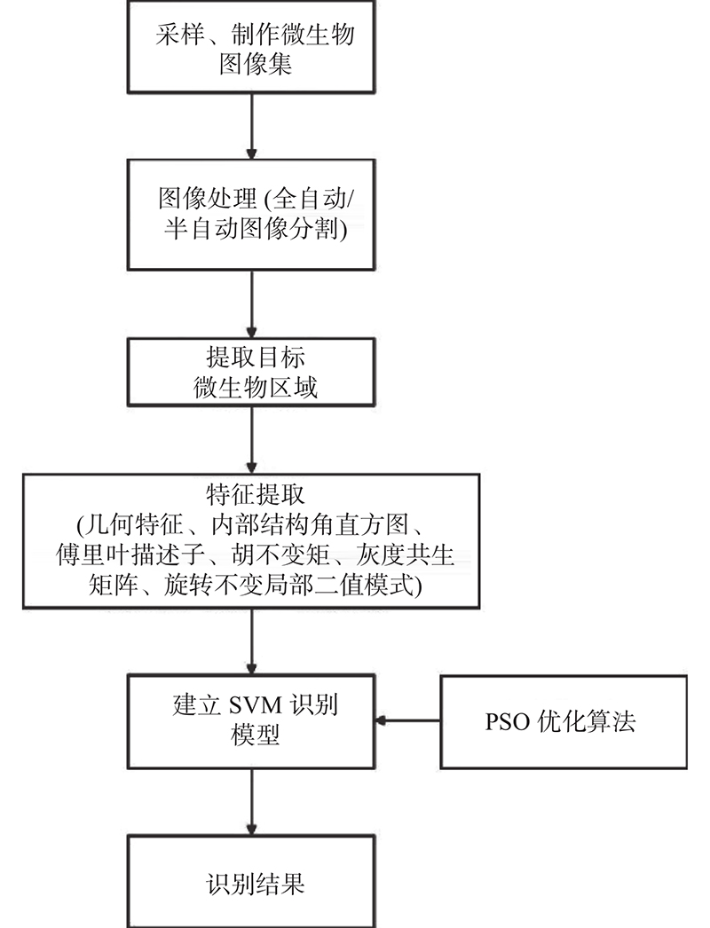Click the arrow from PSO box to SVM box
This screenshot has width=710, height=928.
tap(407, 721)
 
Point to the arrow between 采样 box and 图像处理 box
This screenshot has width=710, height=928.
tap(252, 126)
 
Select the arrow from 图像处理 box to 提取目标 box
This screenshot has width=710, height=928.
tap(252, 304)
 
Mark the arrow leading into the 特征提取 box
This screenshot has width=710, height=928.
tap(252, 440)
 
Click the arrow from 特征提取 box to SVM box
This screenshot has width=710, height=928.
tap(252, 641)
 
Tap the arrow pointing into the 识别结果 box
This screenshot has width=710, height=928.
tap(252, 802)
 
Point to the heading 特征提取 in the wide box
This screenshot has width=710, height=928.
tap(256, 495)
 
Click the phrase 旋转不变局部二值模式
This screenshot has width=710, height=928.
tap(289, 586)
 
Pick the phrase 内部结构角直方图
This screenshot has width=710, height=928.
tap(311, 525)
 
